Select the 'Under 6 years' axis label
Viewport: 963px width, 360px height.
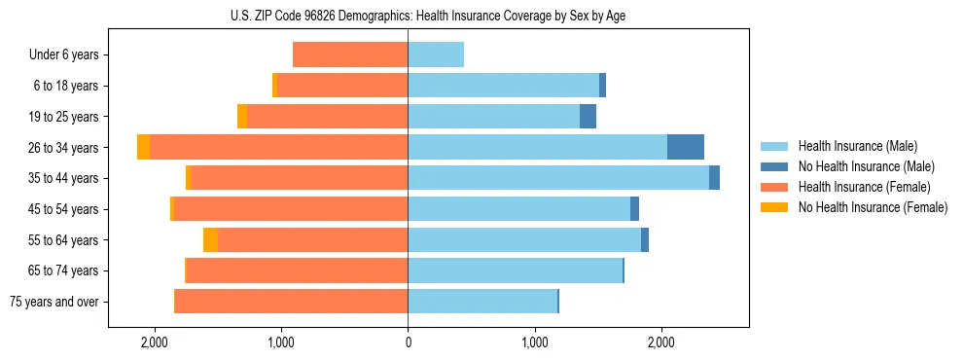point(64,55)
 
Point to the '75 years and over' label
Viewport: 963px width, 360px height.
point(54,302)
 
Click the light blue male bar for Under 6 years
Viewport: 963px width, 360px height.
point(436,55)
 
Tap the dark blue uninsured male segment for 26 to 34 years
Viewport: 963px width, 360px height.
point(685,147)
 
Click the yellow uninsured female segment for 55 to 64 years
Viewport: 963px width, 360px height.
point(210,240)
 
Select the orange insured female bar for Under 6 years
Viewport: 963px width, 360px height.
point(350,55)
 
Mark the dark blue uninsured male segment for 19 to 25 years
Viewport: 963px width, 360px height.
point(588,117)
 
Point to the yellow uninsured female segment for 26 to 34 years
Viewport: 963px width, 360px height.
point(144,147)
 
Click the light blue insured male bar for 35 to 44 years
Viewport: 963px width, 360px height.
point(558,178)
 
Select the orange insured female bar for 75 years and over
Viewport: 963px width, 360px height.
point(292,302)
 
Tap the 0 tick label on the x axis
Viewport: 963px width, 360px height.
point(408,342)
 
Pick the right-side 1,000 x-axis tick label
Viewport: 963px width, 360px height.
point(534,342)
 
